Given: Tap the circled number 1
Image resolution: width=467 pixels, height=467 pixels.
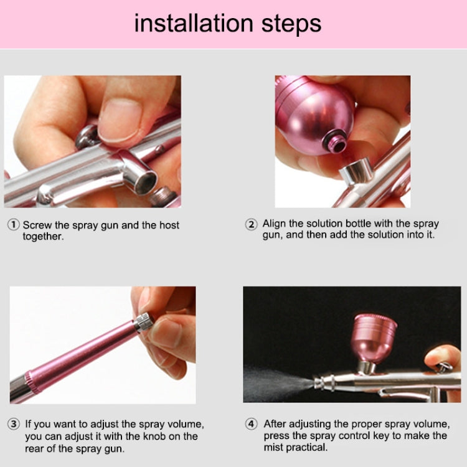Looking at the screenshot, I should click(x=14, y=225).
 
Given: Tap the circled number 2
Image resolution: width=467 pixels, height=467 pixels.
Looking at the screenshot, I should click(x=252, y=225).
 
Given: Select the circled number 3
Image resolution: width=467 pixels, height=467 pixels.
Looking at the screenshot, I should click(x=14, y=425).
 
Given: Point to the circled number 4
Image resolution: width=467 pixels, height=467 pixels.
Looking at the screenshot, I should click(x=252, y=424).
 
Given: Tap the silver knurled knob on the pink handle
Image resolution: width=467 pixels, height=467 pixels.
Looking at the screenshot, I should click(x=144, y=321).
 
